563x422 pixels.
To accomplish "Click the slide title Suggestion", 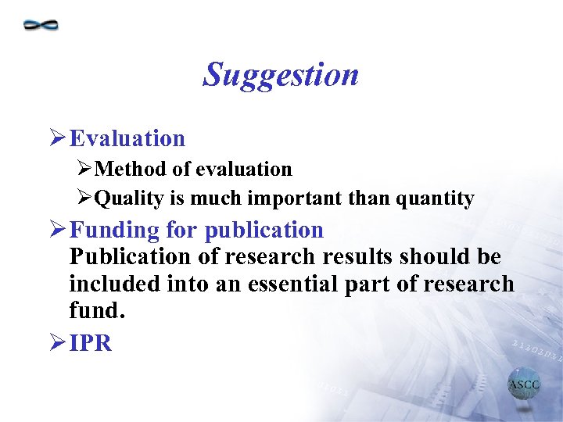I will pyautogui.click(x=281, y=75).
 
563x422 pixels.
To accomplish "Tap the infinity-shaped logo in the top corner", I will pyautogui.click(x=41, y=25).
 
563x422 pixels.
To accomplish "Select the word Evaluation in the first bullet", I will pyautogui.click(x=127, y=139).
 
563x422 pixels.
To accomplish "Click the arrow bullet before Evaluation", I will pyautogui.click(x=57, y=139).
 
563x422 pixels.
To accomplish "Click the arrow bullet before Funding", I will pyautogui.click(x=57, y=230).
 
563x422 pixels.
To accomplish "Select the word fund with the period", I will pyautogui.click(x=97, y=310).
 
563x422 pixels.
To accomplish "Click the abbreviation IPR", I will pyautogui.click(x=91, y=343).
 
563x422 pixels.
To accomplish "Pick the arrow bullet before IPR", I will pyautogui.click(x=57, y=343).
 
